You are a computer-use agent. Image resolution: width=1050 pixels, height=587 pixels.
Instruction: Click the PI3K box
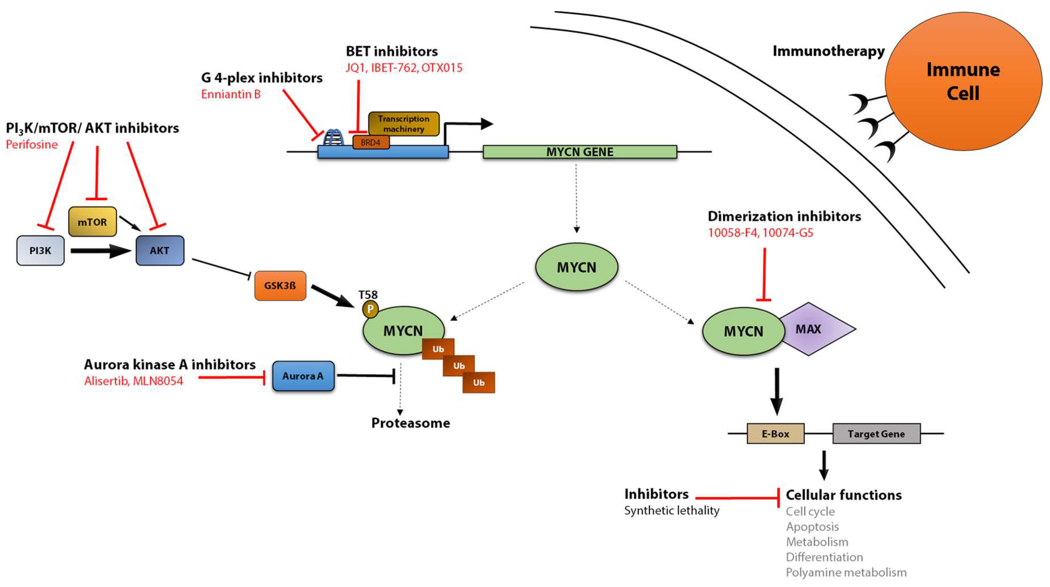pyautogui.click(x=40, y=250)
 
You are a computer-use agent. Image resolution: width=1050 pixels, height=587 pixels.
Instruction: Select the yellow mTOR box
pyautogui.click(x=93, y=222)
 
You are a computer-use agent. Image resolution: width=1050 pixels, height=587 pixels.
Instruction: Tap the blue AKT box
pyautogui.click(x=160, y=250)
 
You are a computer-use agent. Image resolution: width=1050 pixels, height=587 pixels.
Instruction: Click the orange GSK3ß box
pyautogui.click(x=280, y=285)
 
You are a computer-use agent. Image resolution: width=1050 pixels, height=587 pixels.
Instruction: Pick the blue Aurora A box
pyautogui.click(x=303, y=376)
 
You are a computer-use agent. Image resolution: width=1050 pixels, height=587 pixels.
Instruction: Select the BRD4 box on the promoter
pyautogui.click(x=370, y=142)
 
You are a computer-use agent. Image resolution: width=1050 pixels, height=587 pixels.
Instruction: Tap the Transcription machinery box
pyautogui.click(x=404, y=123)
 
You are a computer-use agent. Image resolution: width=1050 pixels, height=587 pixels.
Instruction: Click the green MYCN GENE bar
pyautogui.click(x=580, y=152)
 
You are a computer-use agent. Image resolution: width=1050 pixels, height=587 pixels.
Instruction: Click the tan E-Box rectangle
pyautogui.click(x=775, y=434)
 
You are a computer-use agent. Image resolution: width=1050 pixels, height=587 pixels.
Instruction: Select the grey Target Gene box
pyautogui.click(x=876, y=434)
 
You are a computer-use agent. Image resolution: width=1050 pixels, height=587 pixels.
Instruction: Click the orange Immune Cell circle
pyautogui.click(x=963, y=81)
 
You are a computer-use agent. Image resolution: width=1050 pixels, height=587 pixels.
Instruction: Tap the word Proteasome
pyautogui.click(x=410, y=423)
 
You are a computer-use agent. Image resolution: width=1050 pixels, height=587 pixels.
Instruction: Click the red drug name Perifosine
pyautogui.click(x=32, y=144)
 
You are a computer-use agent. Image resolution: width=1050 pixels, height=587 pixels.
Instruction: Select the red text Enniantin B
pyautogui.click(x=231, y=94)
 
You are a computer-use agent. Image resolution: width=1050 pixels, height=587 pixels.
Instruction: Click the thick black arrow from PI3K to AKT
pyautogui.click(x=100, y=251)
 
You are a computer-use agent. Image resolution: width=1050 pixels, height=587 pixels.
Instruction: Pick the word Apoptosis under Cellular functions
pyautogui.click(x=812, y=527)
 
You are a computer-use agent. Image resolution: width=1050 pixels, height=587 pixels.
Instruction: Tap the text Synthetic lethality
pyautogui.click(x=671, y=510)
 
